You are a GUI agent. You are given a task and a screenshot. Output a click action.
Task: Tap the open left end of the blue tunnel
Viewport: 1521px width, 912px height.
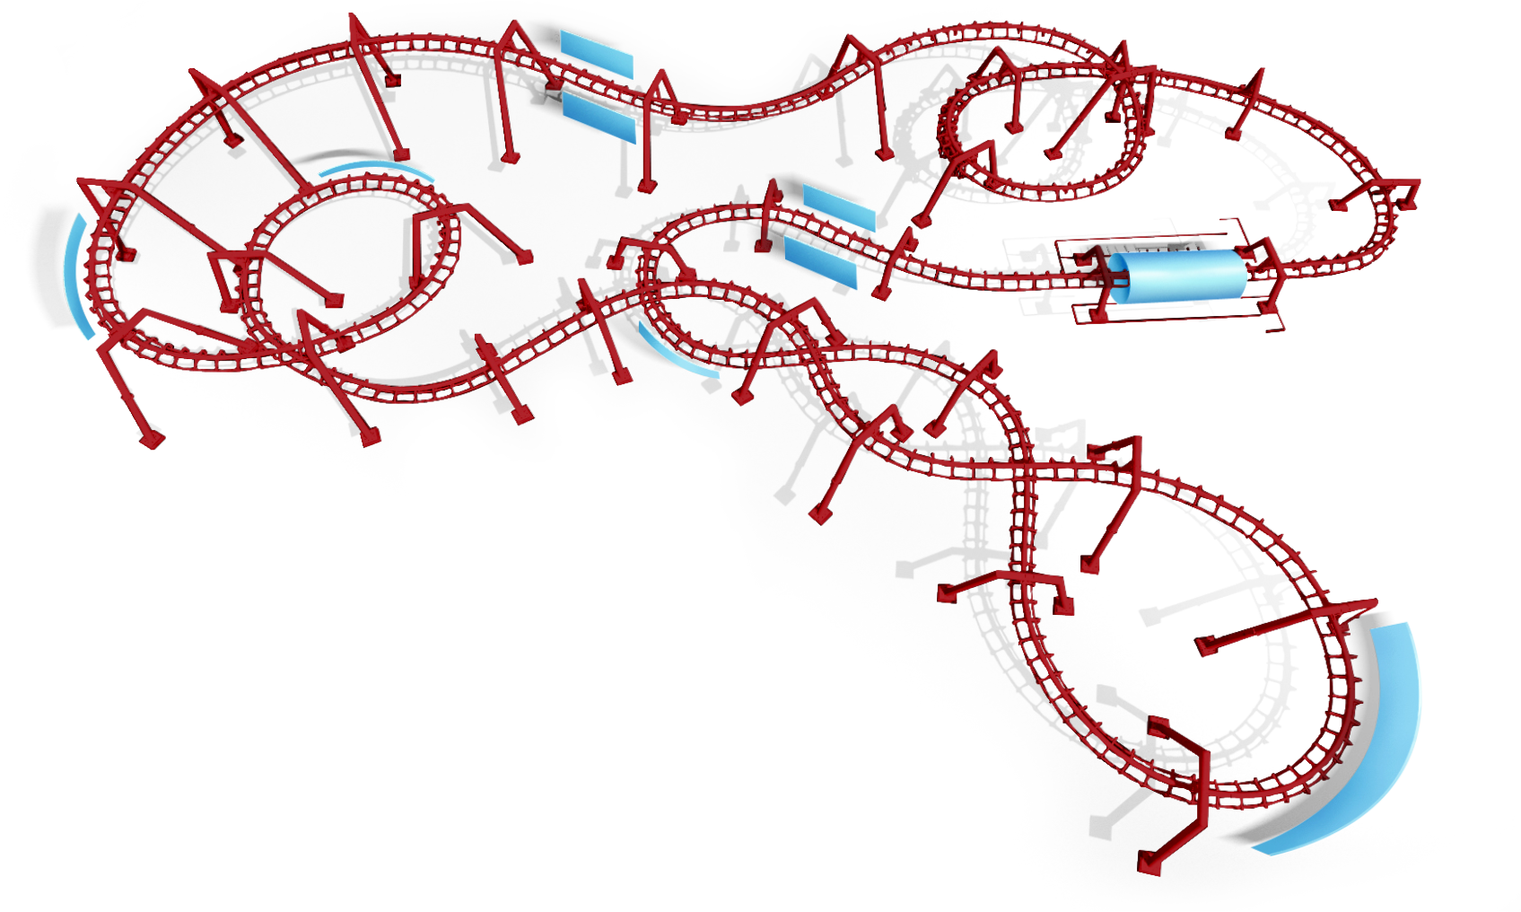coord(1118,278)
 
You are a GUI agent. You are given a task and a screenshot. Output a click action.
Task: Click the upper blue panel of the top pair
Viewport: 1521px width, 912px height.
coord(597,53)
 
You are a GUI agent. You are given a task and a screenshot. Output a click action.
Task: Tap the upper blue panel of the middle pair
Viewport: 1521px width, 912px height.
coord(838,207)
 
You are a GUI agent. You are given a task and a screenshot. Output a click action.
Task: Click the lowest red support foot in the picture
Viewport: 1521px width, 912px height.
coord(1149,863)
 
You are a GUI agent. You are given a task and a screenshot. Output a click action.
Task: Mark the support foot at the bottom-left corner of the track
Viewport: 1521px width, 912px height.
coord(151,440)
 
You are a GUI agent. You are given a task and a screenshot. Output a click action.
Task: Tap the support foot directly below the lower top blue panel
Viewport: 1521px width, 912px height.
coord(643,186)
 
